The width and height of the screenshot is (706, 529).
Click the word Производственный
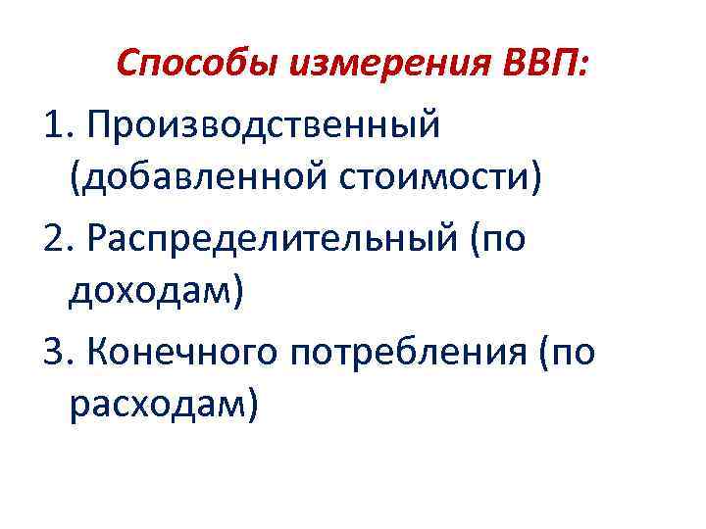[x=264, y=124]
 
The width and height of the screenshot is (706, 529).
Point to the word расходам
[x=156, y=406]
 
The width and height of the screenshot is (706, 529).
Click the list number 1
[x=54, y=124]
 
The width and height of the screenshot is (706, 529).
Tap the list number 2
[x=54, y=238]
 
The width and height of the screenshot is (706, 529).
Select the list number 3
[x=54, y=350]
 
